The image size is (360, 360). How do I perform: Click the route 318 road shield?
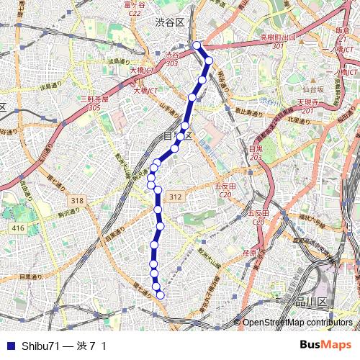78,200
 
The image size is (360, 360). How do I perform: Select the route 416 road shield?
18,228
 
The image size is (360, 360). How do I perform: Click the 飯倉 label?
342,30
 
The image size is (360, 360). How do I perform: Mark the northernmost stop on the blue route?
197,45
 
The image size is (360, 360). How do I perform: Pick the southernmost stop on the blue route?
161,294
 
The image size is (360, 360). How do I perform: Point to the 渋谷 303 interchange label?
171,58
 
